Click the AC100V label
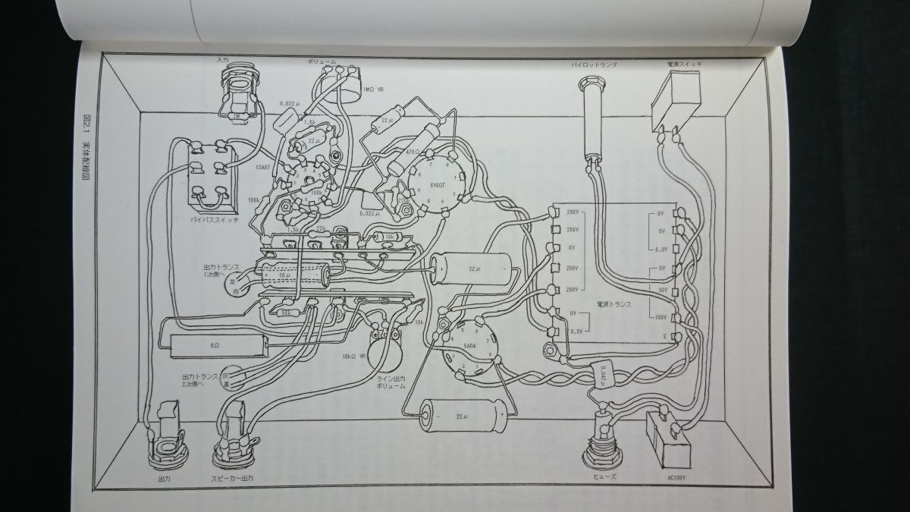pos(673,478)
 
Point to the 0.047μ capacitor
pos(603,374)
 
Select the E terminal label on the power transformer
pos(664,336)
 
